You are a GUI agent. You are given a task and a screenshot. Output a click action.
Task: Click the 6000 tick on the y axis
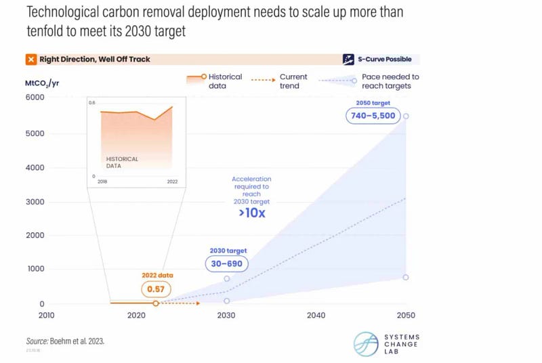tap(35, 98)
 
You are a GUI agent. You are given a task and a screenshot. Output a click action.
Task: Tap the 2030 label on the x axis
tap(226, 315)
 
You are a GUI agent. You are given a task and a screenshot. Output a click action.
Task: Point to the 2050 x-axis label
tap(405, 315)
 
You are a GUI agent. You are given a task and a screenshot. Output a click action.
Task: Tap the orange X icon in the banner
tap(30, 60)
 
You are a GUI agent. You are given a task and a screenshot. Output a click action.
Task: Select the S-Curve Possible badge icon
tap(349, 59)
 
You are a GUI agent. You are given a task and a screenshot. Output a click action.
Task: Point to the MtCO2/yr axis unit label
tap(41, 83)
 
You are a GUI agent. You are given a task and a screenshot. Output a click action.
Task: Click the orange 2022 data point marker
tap(156, 303)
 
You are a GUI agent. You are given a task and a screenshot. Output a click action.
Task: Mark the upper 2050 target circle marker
tap(406, 116)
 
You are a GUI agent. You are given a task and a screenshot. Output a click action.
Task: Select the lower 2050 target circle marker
tap(406, 277)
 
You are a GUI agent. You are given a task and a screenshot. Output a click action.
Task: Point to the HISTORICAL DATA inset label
tap(122, 162)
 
